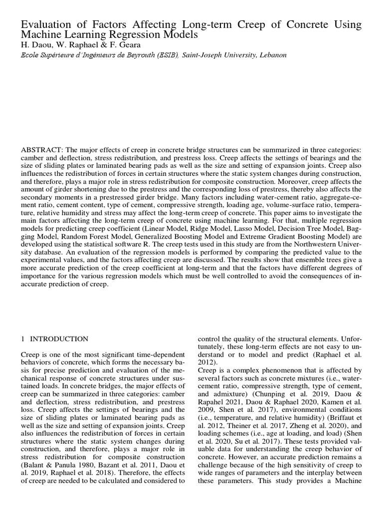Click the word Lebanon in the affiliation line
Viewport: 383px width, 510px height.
point(272,55)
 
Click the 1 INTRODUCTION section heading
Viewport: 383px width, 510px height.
point(54,339)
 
